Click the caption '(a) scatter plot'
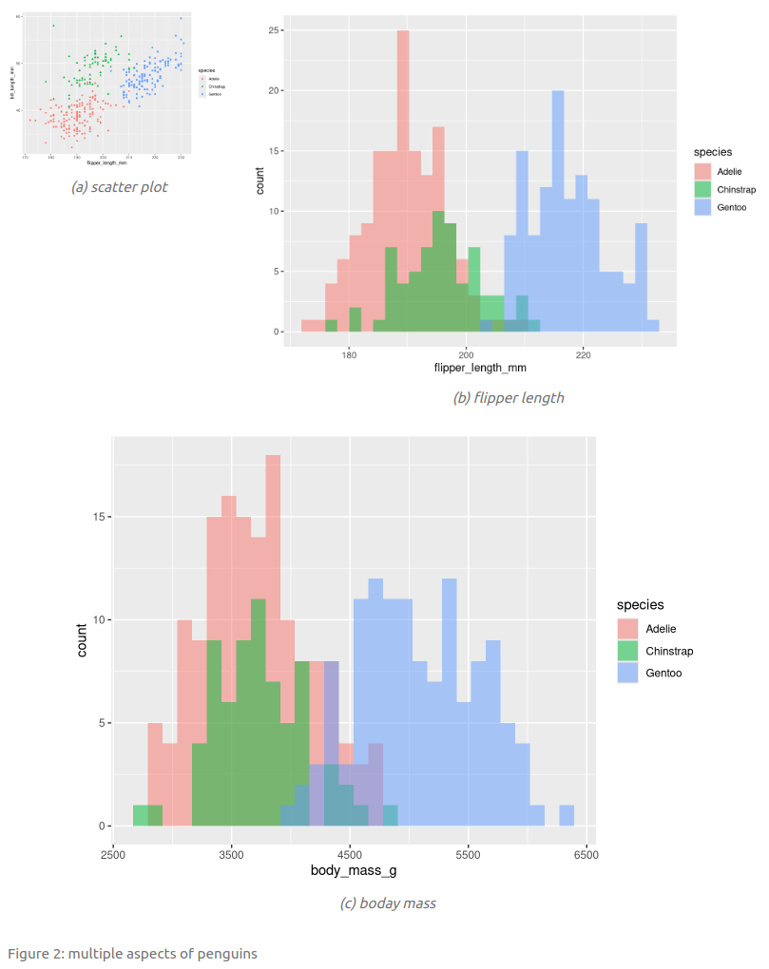119,187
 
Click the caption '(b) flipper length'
508,398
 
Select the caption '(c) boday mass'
388,903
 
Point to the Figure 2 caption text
132,953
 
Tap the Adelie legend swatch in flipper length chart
702,171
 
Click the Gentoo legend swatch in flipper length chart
702,207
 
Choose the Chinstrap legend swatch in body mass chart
627,651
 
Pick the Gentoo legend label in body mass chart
664,674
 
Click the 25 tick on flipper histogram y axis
272,30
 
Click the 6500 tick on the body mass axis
586,854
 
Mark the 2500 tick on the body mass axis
113,854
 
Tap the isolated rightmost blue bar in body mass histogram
567,815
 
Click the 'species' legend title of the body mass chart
640,604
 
